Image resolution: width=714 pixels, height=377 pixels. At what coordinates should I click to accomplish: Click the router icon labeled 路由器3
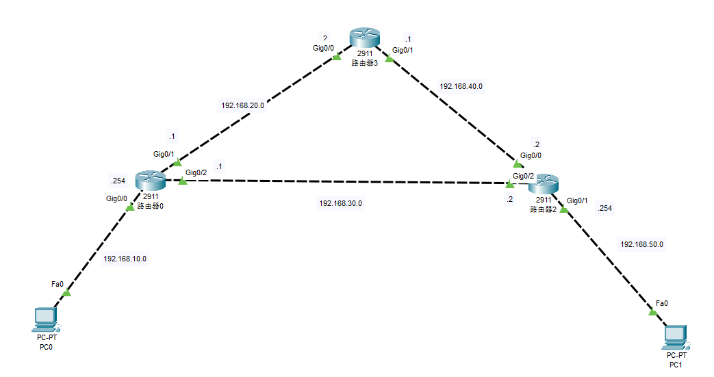coord(361,38)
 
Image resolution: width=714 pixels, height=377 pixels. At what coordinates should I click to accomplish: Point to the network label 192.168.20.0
coord(242,105)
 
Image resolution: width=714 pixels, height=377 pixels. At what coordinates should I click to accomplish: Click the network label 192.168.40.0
coord(461,86)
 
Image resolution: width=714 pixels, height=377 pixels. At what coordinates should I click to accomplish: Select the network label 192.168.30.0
coord(340,203)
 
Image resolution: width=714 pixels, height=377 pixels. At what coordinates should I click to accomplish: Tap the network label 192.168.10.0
coord(125,259)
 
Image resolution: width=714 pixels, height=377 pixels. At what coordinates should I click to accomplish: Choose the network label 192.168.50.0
coord(641,244)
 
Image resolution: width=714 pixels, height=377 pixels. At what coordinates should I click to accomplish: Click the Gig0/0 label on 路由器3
coord(324,48)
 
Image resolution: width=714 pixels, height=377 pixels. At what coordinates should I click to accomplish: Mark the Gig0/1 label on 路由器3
coord(403,50)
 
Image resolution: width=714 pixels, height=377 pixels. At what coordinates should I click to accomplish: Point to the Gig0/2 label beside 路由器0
coord(196,172)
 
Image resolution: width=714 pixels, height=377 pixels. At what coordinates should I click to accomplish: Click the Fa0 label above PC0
coord(58,283)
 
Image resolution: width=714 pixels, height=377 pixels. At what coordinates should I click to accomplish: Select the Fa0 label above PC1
coord(661,302)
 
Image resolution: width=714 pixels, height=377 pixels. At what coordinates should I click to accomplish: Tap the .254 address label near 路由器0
coord(117,181)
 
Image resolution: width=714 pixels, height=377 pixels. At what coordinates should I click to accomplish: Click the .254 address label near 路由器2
coord(604,208)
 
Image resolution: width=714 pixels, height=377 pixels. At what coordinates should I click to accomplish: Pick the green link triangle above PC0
coord(66,293)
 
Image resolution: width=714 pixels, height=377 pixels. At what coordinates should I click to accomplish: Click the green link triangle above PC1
coord(652,312)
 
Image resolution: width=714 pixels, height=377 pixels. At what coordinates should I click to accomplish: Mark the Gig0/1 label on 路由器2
coord(578,200)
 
